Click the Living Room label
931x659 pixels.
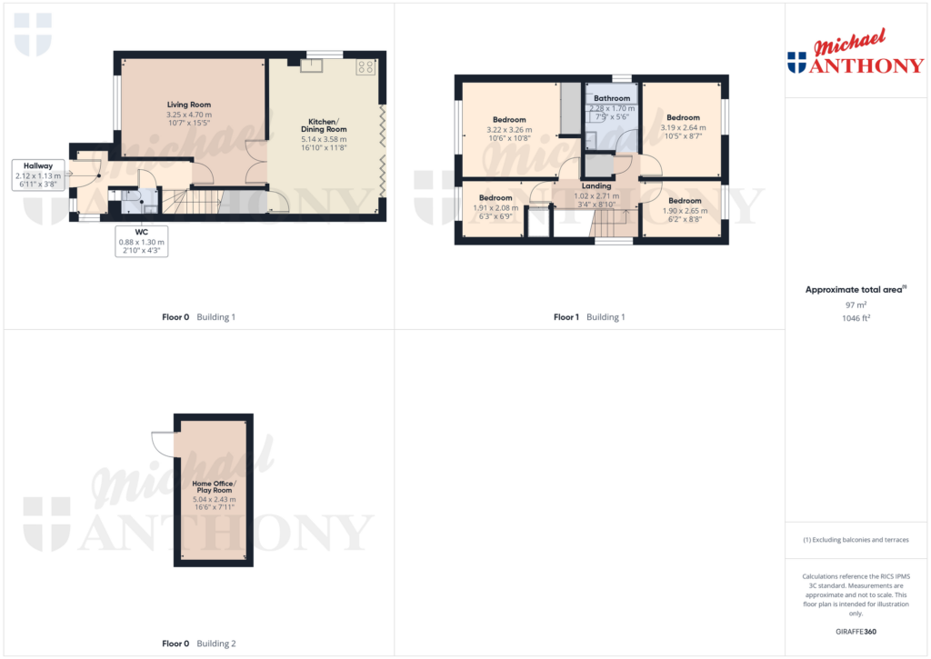(x=188, y=105)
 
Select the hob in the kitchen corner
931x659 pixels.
(x=366, y=66)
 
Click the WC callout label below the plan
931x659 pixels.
(x=141, y=232)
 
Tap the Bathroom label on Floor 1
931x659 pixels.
(x=612, y=98)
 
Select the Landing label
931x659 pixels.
(x=596, y=185)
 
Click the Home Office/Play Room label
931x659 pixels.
(x=214, y=487)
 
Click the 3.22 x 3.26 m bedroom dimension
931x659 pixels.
(x=509, y=130)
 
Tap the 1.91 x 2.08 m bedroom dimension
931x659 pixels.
(x=496, y=207)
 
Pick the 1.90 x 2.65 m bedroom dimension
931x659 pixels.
(x=685, y=210)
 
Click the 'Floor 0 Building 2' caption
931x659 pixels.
(x=198, y=644)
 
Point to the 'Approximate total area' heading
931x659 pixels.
(x=856, y=290)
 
